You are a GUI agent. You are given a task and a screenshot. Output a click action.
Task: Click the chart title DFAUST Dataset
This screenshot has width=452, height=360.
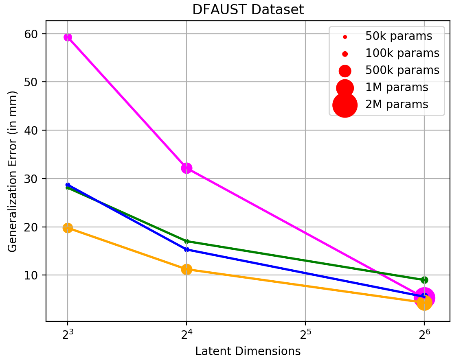pyautogui.click(x=248, y=9)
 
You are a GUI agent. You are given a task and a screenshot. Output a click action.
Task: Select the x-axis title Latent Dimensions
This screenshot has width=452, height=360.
pyautogui.click(x=248, y=351)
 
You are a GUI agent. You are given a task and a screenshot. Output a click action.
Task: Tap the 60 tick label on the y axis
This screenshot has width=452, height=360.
pyautogui.click(x=31, y=34)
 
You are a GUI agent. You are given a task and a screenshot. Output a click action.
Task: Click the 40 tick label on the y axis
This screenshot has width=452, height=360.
pyautogui.click(x=31, y=130)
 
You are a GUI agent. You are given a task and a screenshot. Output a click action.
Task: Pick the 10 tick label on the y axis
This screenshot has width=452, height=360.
pyautogui.click(x=31, y=275)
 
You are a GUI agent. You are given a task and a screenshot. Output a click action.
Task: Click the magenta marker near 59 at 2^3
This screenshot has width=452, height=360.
pyautogui.click(x=68, y=37)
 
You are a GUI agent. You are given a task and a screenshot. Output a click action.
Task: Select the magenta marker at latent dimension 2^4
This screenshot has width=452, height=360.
pyautogui.click(x=187, y=168)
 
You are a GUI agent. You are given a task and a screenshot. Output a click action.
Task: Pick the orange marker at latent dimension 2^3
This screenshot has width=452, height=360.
pyautogui.click(x=68, y=228)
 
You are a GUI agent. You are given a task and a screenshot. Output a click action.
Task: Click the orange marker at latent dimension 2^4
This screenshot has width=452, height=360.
pyautogui.click(x=187, y=270)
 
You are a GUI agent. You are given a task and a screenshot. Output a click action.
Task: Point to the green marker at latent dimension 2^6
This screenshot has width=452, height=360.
pyautogui.click(x=424, y=280)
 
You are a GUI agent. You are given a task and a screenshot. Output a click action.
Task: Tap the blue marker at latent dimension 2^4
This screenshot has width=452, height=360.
pyautogui.click(x=187, y=249)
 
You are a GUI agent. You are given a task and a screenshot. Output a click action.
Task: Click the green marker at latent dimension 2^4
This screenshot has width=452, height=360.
pyautogui.click(x=187, y=241)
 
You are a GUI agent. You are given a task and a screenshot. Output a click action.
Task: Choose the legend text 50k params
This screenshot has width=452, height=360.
pyautogui.click(x=399, y=36)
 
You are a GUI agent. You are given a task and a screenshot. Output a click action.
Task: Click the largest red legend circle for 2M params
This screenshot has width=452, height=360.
pyautogui.click(x=345, y=105)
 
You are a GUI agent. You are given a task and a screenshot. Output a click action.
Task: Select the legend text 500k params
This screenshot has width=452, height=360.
pyautogui.click(x=402, y=70)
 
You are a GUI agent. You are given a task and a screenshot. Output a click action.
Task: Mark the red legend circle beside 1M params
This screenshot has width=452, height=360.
pyautogui.click(x=345, y=88)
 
